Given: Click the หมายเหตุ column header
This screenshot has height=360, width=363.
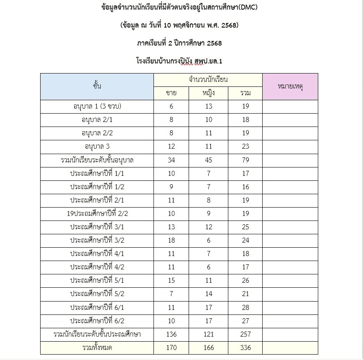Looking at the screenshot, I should coord(290,86).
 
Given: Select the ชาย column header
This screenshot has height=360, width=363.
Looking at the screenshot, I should coord(171,93).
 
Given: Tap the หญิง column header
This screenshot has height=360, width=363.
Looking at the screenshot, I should coord(209,93).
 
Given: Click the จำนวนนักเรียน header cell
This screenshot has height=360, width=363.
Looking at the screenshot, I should coord(208,79).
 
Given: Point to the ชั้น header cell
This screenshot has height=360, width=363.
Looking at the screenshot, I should coord(97,86).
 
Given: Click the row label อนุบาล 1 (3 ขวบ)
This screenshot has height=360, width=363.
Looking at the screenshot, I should coord(97,106).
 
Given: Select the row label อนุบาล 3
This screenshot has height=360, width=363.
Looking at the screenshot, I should coord(97,146).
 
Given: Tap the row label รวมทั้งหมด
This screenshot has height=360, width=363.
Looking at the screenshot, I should coord(97,347).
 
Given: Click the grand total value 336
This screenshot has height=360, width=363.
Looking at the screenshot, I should coord(245,347).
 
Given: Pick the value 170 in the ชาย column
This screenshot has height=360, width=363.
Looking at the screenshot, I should coord(171,347).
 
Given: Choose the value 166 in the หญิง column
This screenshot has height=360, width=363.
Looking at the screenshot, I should coord(209,347).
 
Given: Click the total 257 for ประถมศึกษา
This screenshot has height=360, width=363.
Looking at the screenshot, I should coord(245,334).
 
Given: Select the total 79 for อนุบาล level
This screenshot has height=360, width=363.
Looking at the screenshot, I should coord(245,160).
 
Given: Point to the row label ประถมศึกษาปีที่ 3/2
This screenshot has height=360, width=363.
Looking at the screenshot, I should coord(97,240).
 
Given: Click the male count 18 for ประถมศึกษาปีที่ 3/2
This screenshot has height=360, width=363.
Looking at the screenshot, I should coord(171,240).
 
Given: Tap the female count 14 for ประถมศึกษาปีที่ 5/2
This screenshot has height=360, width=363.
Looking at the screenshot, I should coord(209,294).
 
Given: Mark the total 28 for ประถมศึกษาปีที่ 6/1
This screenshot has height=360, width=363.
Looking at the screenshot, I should coord(245,307).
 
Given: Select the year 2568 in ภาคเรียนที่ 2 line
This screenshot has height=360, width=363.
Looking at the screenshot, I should coord(212,43).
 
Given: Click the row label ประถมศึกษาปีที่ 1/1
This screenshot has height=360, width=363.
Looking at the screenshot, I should coord(97,173).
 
